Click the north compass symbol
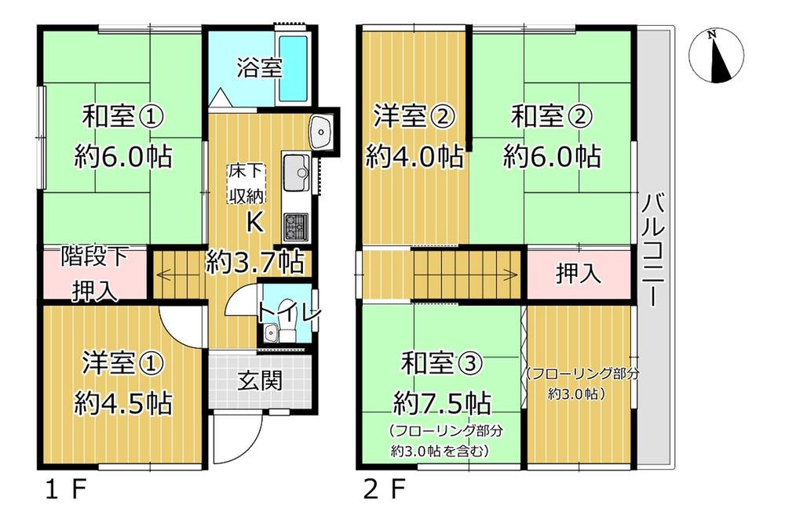pos(716,55)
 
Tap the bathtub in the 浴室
pos(293,68)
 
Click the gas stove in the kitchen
pos(296,227)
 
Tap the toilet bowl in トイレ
pos(287,321)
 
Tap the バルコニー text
pos(653,250)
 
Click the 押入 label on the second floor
pos(579,274)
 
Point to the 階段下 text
pos(95,256)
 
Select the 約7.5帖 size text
pos(442,403)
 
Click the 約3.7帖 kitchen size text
pos(255,262)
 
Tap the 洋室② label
pos(413,117)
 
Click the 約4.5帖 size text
pos(123,403)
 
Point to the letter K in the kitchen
pos(255,222)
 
